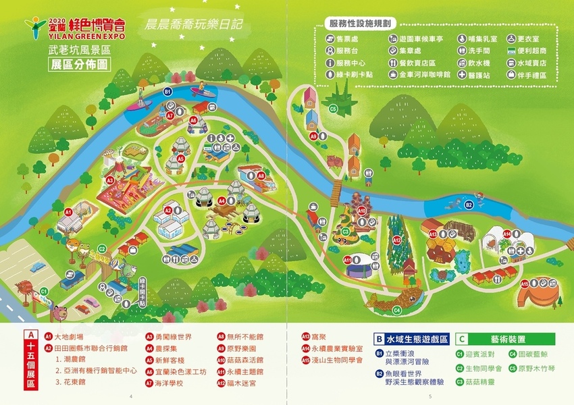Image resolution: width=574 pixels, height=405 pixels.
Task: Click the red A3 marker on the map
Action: point(109,180)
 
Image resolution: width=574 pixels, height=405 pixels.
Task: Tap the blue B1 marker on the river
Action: point(168,91)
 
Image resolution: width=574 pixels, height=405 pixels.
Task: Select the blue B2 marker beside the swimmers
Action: point(469,204)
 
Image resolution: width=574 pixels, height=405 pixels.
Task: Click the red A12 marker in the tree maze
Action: point(397,239)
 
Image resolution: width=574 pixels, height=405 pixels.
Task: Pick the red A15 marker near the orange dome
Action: point(524,284)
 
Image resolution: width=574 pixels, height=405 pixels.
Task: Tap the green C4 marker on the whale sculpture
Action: point(396,310)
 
